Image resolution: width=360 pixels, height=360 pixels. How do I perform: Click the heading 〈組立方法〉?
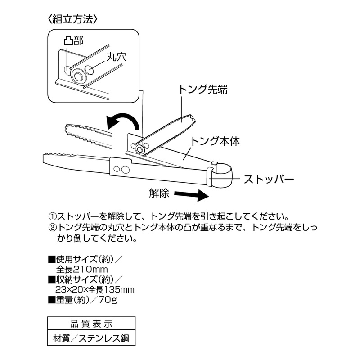(73, 20)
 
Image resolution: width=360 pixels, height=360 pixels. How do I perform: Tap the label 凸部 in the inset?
(73, 40)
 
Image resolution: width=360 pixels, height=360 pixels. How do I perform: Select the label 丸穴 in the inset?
(117, 57)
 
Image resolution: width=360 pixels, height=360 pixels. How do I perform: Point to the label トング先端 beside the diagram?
(203, 89)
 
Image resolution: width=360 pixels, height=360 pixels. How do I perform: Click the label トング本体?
(215, 141)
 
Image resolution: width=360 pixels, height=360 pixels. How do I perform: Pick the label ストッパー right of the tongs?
(269, 179)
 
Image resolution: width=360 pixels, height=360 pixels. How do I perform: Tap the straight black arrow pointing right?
(192, 195)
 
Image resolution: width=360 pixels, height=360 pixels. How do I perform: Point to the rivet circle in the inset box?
(77, 76)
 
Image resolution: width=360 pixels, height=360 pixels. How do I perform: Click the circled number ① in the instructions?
(52, 216)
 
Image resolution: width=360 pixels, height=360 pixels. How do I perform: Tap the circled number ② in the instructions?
(52, 228)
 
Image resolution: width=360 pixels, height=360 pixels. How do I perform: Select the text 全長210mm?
(82, 269)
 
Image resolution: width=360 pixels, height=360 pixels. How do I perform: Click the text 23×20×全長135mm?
(95, 289)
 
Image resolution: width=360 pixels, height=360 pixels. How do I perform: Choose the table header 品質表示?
(91, 324)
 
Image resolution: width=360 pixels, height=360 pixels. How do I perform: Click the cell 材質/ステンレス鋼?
(91, 338)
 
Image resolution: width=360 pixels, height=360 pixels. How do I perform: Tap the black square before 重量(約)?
(51, 300)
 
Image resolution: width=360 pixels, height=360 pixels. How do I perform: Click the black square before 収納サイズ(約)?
(51, 279)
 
